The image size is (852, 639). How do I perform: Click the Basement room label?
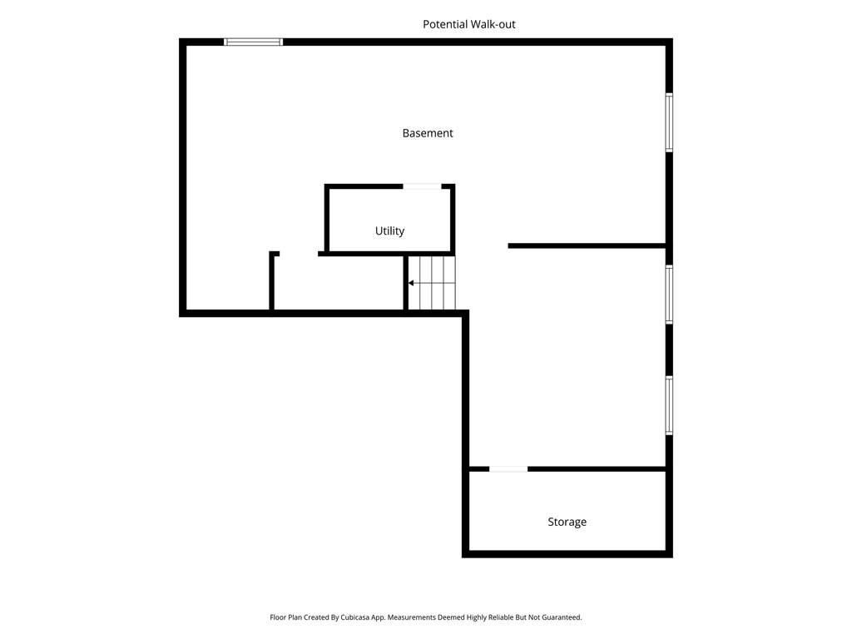(x=428, y=133)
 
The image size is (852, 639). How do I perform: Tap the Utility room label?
(x=389, y=231)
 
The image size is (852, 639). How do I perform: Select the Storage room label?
(x=567, y=523)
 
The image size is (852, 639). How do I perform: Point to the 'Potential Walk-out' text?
(x=468, y=24)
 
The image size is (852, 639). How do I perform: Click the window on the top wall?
(x=254, y=42)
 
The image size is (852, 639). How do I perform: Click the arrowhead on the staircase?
(x=411, y=283)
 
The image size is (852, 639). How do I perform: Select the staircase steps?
(x=436, y=283)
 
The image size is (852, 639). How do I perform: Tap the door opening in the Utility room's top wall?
(x=422, y=186)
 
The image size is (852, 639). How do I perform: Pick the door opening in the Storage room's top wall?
(x=508, y=469)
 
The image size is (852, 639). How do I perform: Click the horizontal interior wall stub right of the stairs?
(x=586, y=245)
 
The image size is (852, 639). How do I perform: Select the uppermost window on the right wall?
(x=669, y=122)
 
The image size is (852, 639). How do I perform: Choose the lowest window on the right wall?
(x=669, y=405)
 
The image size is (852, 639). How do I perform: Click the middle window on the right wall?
(x=669, y=295)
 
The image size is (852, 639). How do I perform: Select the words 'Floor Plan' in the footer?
(x=285, y=617)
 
